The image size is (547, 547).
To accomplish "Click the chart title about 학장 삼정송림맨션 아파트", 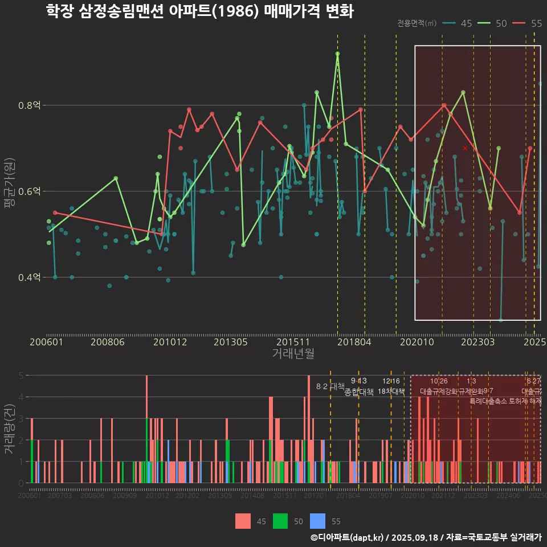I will (200, 12).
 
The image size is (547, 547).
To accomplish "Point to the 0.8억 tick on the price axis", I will (29, 105).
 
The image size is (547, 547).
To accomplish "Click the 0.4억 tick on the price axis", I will (29, 277).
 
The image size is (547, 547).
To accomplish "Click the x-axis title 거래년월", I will (293, 354).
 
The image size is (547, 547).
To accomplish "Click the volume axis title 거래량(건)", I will (9, 428).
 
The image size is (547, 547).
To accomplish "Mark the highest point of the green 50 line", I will (337, 54).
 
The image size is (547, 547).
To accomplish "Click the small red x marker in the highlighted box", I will (465, 148).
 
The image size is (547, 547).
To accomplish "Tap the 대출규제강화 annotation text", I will (438, 391).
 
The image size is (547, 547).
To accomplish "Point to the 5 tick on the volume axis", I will (21, 375).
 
